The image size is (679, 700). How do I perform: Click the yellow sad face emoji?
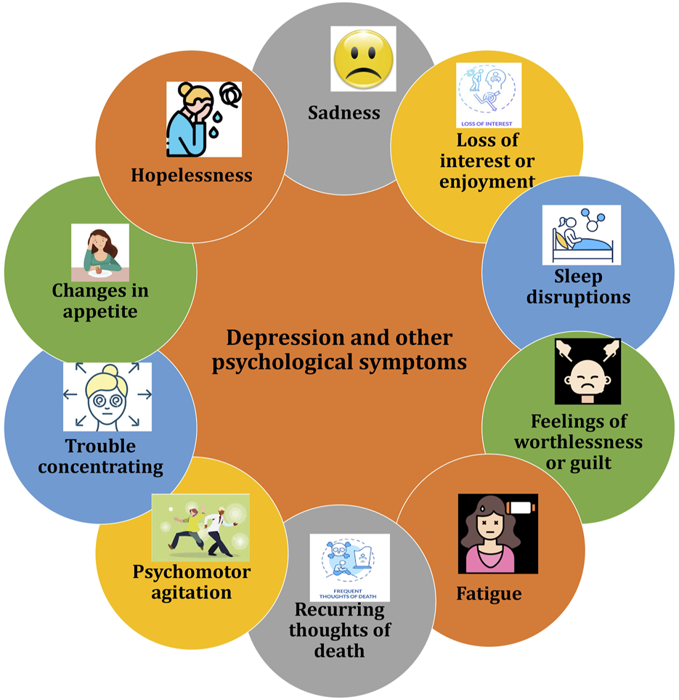click(x=363, y=59)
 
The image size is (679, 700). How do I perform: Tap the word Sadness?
click(x=344, y=113)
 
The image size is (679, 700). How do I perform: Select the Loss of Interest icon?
click(x=489, y=95)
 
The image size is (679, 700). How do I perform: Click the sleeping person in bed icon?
click(x=582, y=235)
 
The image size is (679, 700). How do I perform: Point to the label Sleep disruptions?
click(x=579, y=287)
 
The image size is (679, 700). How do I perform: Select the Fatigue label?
click(x=489, y=593)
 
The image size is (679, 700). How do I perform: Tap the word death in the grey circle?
click(x=339, y=650)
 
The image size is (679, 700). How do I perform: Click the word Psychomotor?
click(x=192, y=572)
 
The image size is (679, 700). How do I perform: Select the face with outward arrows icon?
click(x=107, y=396)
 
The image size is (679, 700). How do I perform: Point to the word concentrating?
click(x=100, y=466)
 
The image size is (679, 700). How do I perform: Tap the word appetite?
click(x=100, y=312)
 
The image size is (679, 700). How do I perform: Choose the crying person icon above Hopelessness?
click(x=203, y=119)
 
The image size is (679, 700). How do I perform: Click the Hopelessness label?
click(x=192, y=175)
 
